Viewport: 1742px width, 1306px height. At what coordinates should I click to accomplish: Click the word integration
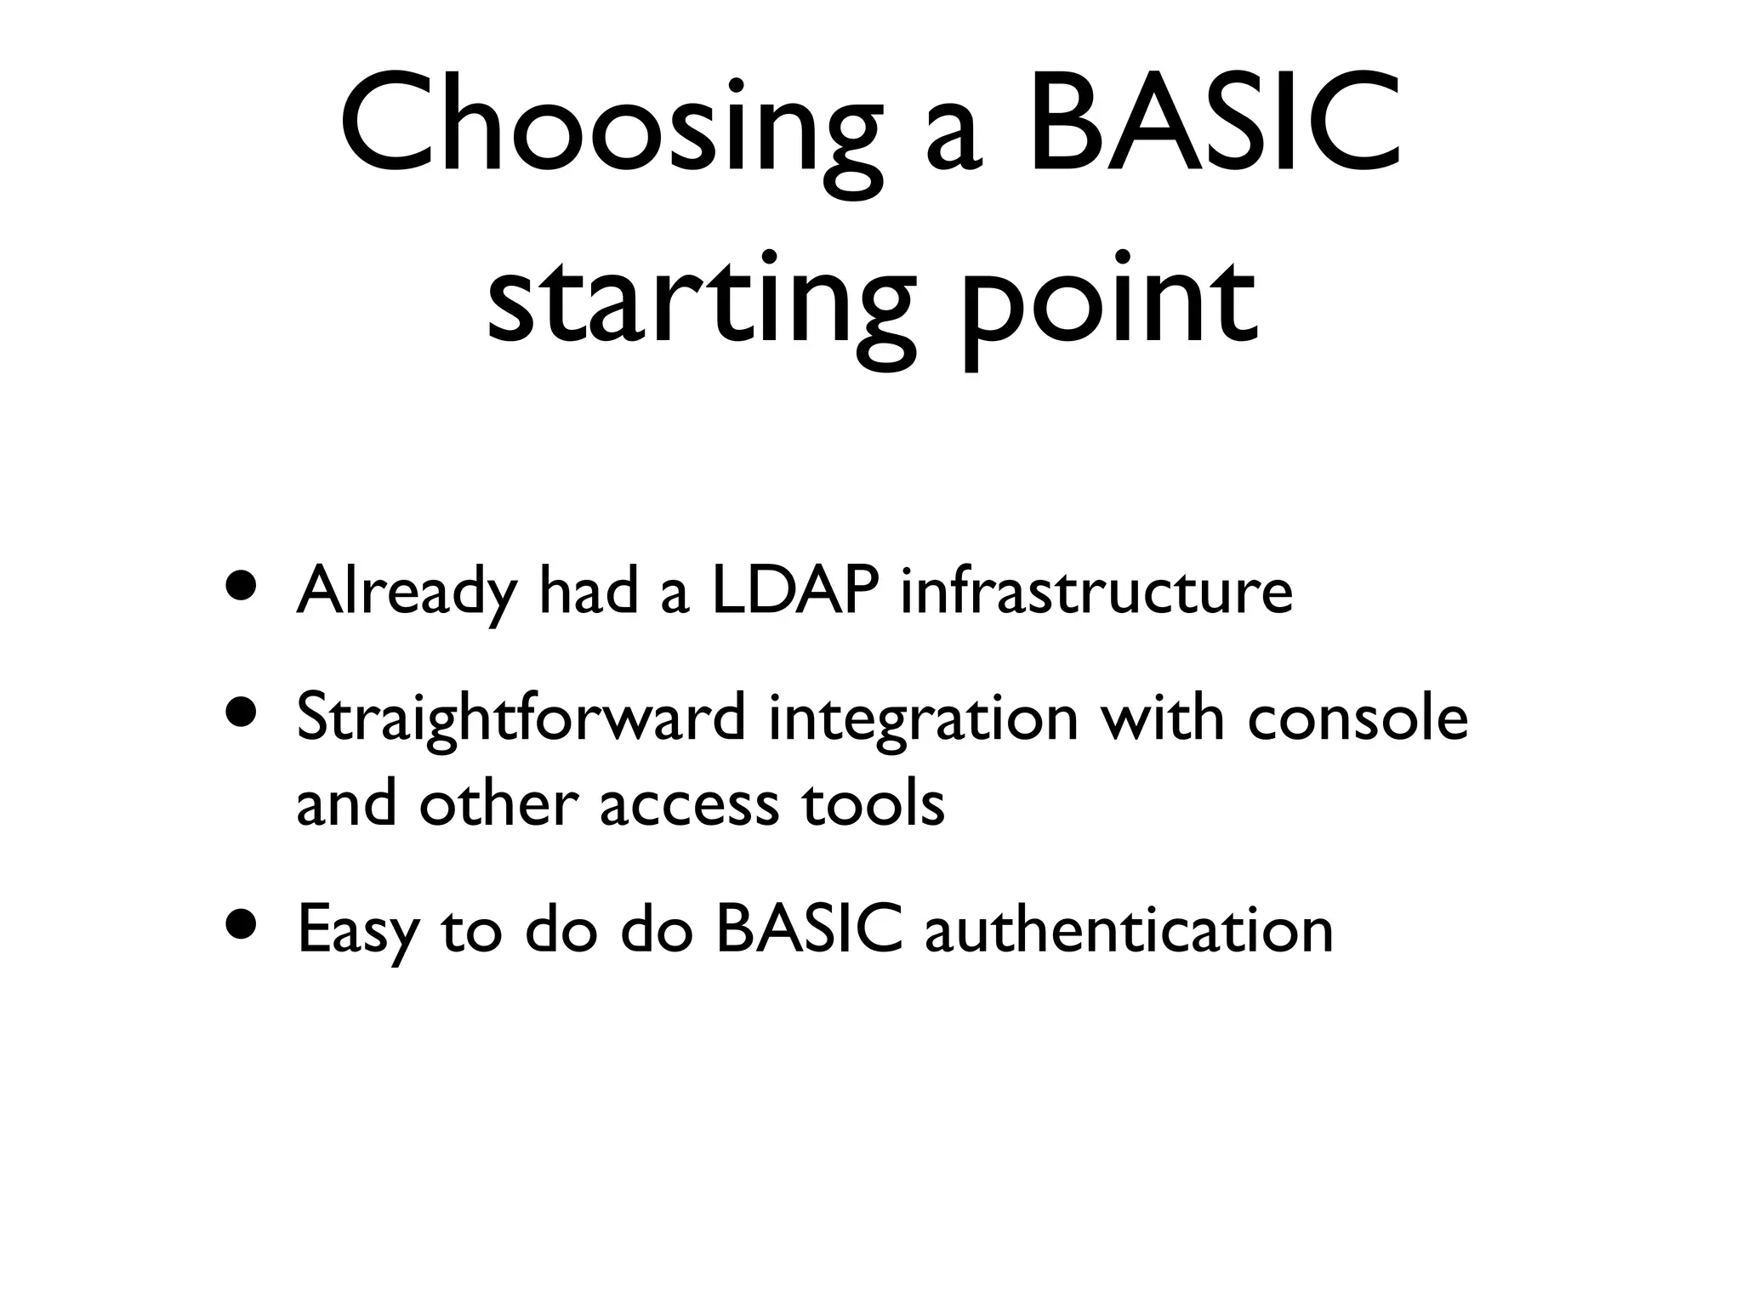pyautogui.click(x=923, y=718)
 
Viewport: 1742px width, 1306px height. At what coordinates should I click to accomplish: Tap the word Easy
pyautogui.click(x=358, y=931)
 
